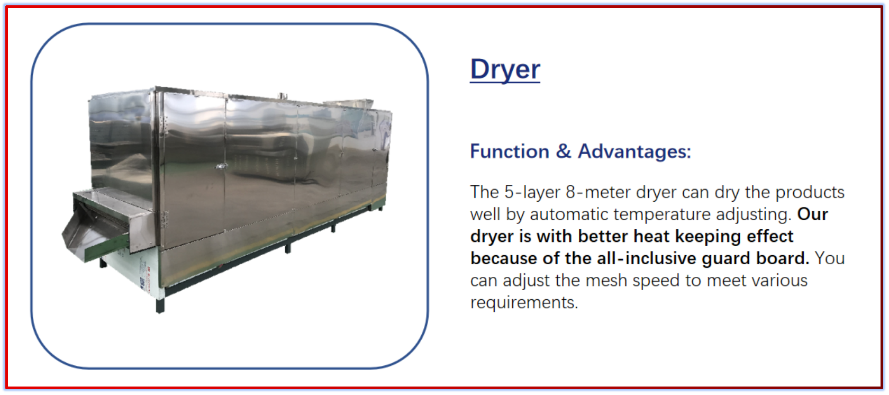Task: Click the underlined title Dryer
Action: tap(505, 69)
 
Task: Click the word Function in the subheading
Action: tap(510, 151)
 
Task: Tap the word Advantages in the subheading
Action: tap(634, 151)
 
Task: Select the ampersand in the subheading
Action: tap(564, 151)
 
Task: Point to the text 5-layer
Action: tap(532, 193)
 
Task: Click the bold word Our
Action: tap(813, 215)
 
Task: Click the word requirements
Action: tap(524, 303)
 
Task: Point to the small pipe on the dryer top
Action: tap(282, 96)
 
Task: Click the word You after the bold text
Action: tap(830, 258)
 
